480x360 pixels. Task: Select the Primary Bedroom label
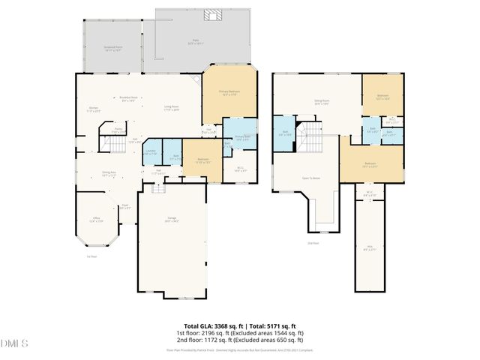[229, 93]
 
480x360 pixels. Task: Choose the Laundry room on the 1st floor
[151, 152]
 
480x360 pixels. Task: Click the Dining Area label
[109, 174]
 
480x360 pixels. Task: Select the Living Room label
[172, 108]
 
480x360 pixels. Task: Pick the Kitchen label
[94, 109]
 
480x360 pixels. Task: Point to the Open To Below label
[311, 178]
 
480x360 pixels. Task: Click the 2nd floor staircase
[310, 138]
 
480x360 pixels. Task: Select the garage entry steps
[158, 188]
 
